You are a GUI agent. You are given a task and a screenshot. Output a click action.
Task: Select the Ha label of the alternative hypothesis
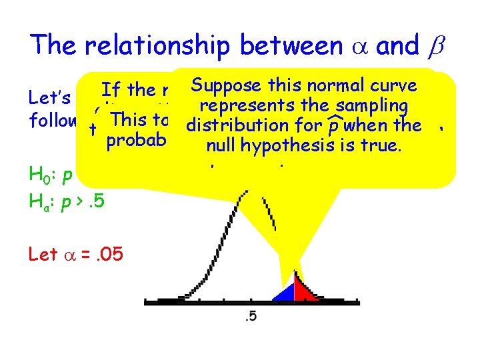pyautogui.click(x=39, y=199)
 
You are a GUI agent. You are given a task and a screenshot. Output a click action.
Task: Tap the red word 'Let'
pyautogui.click(x=42, y=254)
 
